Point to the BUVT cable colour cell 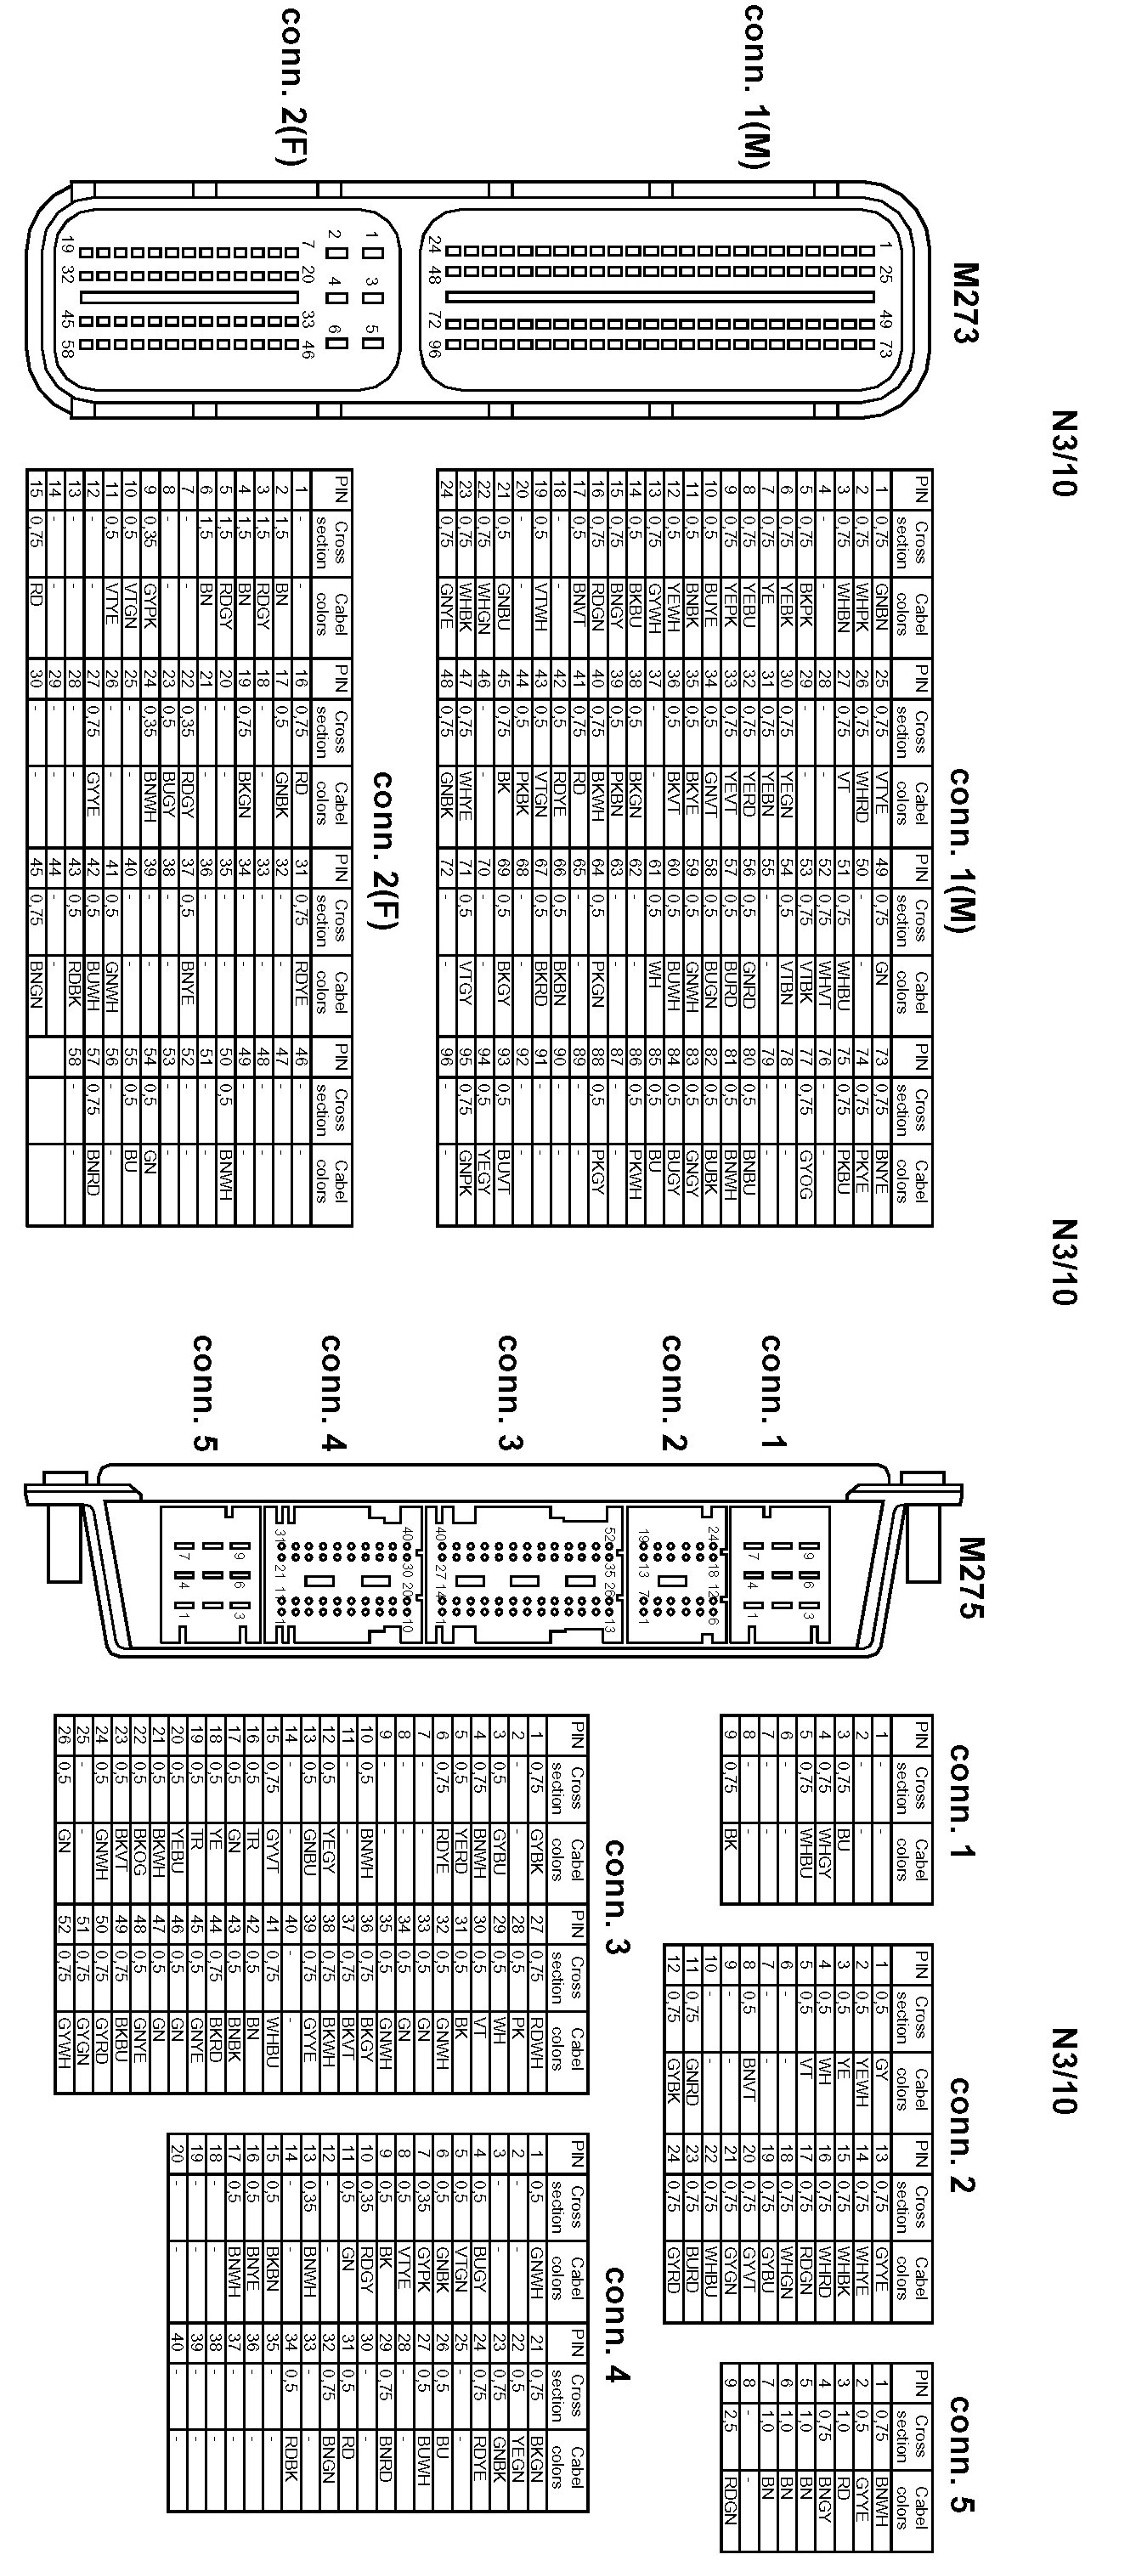[504, 1173]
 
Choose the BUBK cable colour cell [710, 1173]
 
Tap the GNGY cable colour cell [692, 1173]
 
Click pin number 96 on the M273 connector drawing [433, 348]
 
